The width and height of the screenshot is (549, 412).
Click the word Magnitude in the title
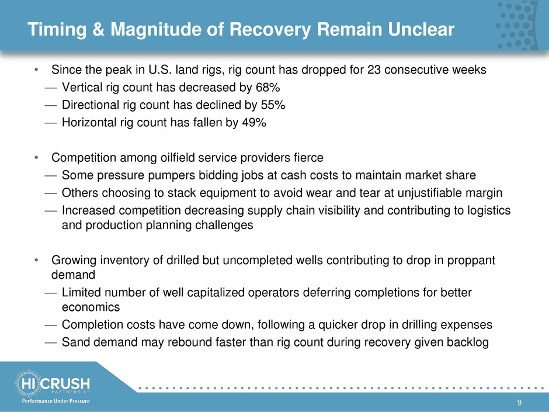click(156, 30)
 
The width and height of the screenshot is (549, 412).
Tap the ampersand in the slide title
click(98, 29)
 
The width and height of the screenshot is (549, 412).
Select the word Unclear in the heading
click(421, 29)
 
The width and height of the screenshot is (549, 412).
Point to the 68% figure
click(268, 87)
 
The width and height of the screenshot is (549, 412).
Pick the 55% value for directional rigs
click(273, 105)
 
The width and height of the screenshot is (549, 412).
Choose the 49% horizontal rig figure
click(254, 122)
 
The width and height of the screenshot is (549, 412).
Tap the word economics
click(91, 307)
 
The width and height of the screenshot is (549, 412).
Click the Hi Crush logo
click(53, 383)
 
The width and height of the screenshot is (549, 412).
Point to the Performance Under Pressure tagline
click(55, 401)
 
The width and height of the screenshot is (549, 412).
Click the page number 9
click(519, 403)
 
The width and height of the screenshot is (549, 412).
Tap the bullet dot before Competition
click(36, 158)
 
